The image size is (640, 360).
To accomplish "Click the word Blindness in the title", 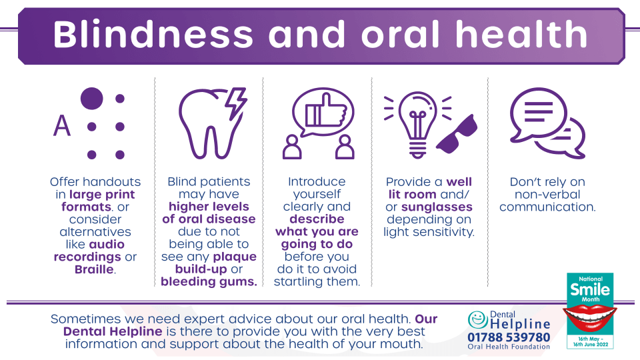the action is pyautogui.click(x=153, y=35).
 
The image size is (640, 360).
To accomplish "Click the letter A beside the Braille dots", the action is pyautogui.click(x=62, y=125).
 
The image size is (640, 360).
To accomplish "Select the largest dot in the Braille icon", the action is pyautogui.click(x=91, y=99).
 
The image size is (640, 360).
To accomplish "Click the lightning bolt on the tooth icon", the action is pyautogui.click(x=236, y=103).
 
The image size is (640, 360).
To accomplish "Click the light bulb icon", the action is pyautogui.click(x=417, y=125).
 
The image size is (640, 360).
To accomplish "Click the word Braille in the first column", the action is pyautogui.click(x=94, y=269).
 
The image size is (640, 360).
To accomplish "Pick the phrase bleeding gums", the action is pyautogui.click(x=209, y=281).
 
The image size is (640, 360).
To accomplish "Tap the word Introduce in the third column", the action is pyautogui.click(x=317, y=181).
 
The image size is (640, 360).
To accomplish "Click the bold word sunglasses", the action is pyautogui.click(x=437, y=207).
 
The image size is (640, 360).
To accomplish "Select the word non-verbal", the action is pyautogui.click(x=547, y=194).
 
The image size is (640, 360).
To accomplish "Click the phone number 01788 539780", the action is pyautogui.click(x=509, y=337).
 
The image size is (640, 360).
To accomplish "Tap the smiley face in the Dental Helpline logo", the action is pyautogui.click(x=478, y=319).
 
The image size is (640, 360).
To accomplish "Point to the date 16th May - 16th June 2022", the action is pyautogui.click(x=590, y=341).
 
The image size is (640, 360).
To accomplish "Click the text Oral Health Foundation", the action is pyautogui.click(x=509, y=347).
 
